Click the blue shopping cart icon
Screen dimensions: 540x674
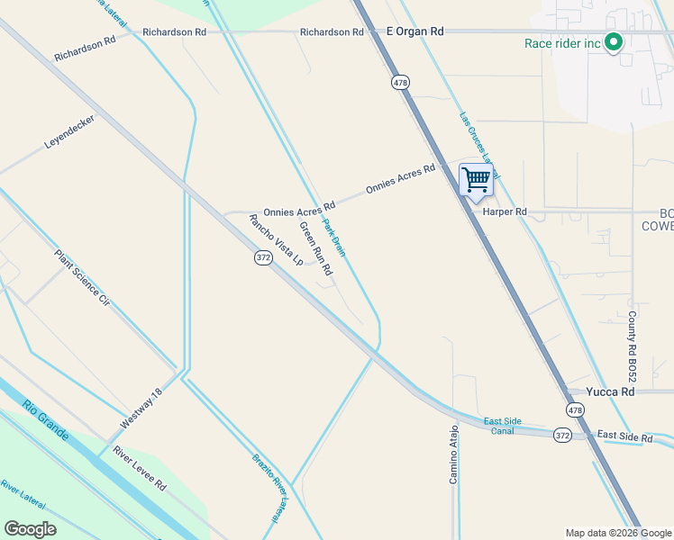(x=476, y=178)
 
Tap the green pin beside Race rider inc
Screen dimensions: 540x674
(x=614, y=41)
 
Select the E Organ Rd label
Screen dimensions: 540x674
(x=415, y=31)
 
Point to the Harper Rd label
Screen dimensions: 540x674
(x=505, y=212)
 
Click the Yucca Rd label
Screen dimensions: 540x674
(x=610, y=392)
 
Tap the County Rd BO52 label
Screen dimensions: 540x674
(x=632, y=346)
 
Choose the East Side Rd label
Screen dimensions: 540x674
(x=624, y=436)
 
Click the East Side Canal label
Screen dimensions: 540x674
(x=504, y=425)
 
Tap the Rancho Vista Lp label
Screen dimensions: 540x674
(x=276, y=240)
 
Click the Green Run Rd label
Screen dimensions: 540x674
(x=316, y=248)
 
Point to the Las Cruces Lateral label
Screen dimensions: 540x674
(x=478, y=139)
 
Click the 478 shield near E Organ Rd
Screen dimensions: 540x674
(x=400, y=83)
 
